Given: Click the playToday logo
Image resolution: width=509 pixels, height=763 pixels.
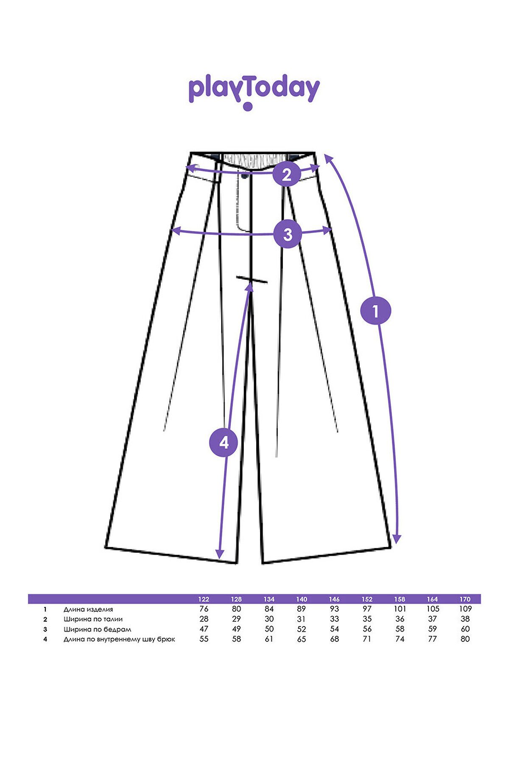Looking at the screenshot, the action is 254,92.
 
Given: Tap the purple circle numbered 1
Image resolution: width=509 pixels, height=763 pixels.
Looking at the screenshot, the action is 375,311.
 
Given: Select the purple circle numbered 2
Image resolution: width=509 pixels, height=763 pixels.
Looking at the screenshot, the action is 287,174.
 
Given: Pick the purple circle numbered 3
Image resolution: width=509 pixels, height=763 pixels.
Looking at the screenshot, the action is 288,234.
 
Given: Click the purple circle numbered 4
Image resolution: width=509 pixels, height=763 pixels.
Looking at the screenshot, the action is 224,443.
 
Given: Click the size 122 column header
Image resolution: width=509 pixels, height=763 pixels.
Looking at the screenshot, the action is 204,599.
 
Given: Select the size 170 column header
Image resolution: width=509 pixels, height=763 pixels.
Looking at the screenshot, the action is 465,599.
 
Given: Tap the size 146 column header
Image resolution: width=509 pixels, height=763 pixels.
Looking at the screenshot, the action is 334,599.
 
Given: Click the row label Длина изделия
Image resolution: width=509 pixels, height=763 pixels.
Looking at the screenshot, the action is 88,610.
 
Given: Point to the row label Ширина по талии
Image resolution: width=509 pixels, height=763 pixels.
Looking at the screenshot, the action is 93,619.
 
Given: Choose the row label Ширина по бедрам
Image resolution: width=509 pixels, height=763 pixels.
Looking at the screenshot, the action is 97,629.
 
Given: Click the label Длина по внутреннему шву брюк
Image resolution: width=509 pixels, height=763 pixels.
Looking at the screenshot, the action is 119,639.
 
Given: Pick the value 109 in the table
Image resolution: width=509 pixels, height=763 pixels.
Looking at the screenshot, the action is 465,609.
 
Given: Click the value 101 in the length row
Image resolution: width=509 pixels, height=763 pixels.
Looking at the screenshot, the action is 400,609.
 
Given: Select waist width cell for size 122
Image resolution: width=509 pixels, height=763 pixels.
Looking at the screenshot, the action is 204,619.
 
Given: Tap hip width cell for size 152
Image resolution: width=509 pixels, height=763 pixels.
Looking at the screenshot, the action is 367,629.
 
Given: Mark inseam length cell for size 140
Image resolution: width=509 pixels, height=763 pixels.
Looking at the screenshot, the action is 302,639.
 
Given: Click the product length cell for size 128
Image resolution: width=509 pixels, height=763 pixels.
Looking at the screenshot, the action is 236,609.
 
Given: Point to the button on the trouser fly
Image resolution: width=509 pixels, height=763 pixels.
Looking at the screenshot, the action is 245,176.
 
